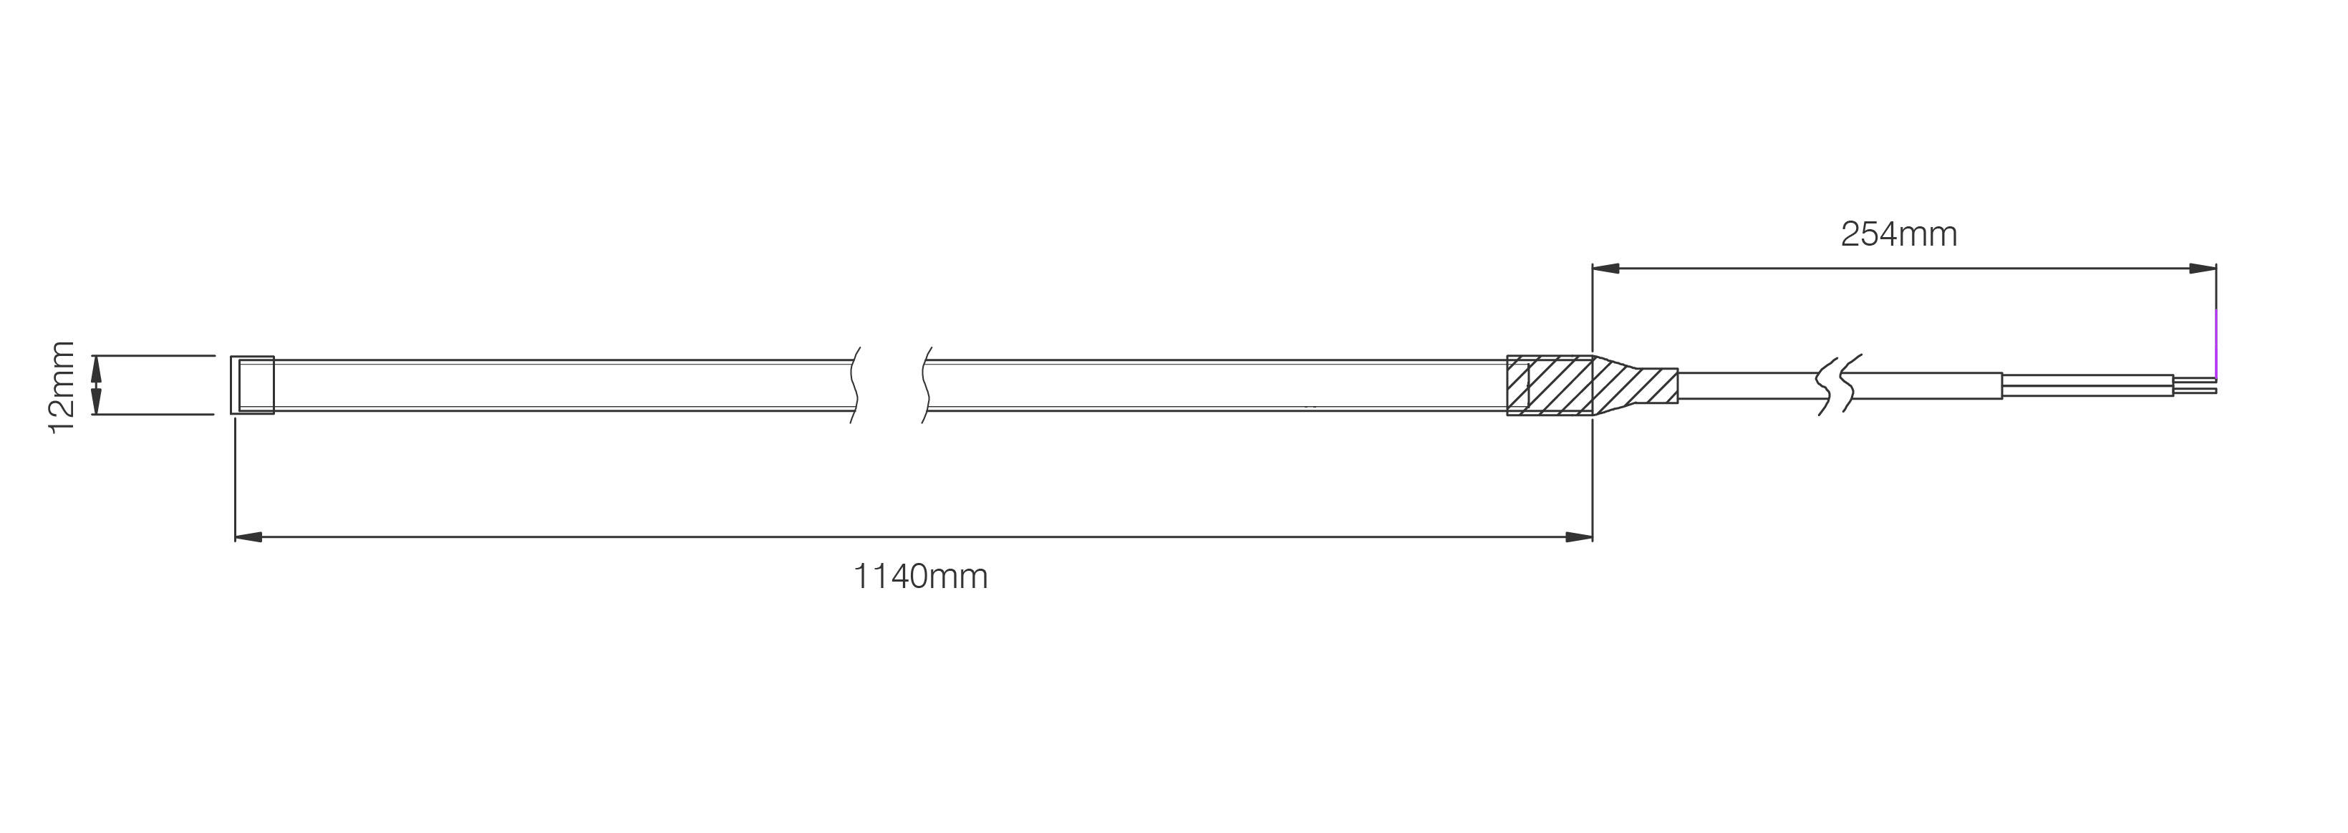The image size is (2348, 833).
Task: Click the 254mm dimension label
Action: [x=1898, y=235]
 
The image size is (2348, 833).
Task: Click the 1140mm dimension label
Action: [x=921, y=577]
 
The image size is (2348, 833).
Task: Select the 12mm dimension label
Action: [x=61, y=387]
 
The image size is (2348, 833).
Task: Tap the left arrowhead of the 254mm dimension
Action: [x=1606, y=269]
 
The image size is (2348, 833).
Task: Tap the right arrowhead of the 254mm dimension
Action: [x=2202, y=269]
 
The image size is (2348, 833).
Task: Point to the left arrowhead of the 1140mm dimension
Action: [x=249, y=536]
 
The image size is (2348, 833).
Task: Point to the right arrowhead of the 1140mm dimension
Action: [x=1579, y=536]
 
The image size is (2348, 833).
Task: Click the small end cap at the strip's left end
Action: [x=253, y=385]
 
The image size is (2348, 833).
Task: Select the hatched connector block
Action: [x=1550, y=385]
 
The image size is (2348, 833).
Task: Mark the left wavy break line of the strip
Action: [x=856, y=385]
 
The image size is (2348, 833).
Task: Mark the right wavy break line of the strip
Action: [x=926, y=385]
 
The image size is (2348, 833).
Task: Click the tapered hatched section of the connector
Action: [x=1636, y=385]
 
